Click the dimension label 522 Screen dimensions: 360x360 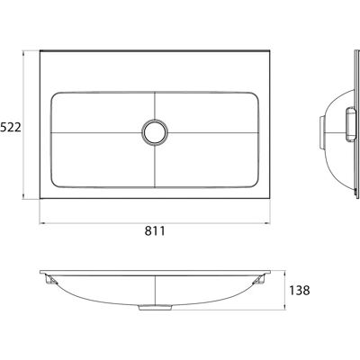click(10, 128)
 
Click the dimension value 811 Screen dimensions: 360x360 click(155, 231)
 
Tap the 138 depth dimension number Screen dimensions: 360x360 click(300, 291)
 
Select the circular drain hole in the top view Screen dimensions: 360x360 click(155, 132)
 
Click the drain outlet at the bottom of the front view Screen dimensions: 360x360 click(155, 308)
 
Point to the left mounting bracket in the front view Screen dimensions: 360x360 click(50, 280)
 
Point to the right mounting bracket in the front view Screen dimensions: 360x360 click(258, 280)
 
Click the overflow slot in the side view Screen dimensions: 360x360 click(350, 124)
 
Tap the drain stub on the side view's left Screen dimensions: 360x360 click(321, 132)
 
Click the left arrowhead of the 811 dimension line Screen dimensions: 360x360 click(42, 223)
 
